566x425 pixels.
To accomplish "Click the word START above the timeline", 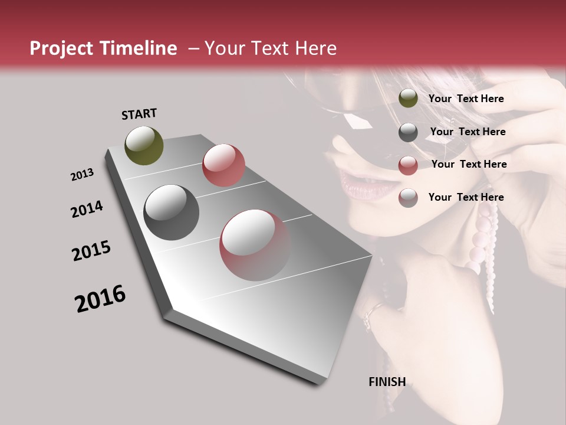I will tap(139, 113).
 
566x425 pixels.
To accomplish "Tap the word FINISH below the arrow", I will tap(387, 382).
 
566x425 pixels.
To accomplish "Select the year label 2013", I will tap(82, 175).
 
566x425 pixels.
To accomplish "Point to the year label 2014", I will tap(87, 210).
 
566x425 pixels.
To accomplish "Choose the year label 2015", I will tap(91, 251).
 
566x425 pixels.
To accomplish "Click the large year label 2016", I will tap(100, 299).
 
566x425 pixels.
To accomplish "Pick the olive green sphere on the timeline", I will tap(144, 145).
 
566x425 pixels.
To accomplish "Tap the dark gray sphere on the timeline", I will tap(172, 212).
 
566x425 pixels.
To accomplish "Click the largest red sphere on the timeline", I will tap(255, 245).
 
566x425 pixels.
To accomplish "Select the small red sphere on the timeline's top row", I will tap(223, 165).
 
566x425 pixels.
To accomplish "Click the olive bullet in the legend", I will tap(408, 99).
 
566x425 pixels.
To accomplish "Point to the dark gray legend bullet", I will tap(408, 132).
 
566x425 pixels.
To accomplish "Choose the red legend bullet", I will tap(408, 165).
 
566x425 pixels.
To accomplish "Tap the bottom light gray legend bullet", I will tap(408, 198).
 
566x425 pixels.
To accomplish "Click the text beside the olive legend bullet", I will tap(466, 99).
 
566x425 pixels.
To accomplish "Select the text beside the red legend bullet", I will tap(469, 164).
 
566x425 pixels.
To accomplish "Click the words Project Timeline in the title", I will tap(103, 48).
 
